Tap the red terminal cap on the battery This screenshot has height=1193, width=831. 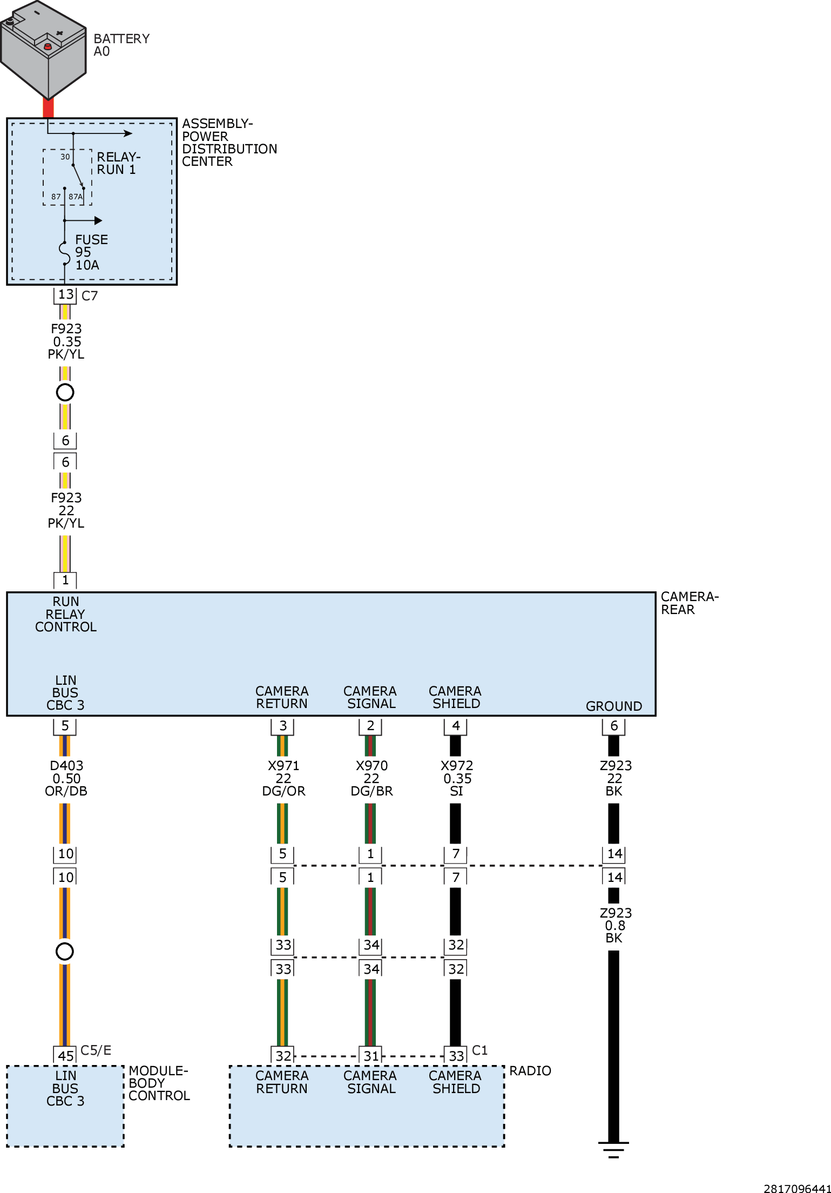pyautogui.click(x=48, y=46)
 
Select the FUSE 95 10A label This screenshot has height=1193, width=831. pyautogui.click(x=91, y=252)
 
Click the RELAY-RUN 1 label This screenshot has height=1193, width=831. pyautogui.click(x=118, y=163)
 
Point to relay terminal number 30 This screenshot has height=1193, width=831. pyautogui.click(x=65, y=157)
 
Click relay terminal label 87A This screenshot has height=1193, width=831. pyautogui.click(x=76, y=197)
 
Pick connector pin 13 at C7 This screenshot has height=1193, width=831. pyautogui.click(x=65, y=295)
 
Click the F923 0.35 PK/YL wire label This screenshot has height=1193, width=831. pyautogui.click(x=66, y=341)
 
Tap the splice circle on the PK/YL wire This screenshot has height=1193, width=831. pyautogui.click(x=65, y=392)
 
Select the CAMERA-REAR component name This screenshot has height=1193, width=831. pyautogui.click(x=690, y=603)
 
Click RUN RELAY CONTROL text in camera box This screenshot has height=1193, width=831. pyautogui.click(x=65, y=614)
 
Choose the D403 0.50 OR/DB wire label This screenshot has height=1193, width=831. pyautogui.click(x=66, y=778)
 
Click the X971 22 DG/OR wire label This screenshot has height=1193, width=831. pyautogui.click(x=283, y=778)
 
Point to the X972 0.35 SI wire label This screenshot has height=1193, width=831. pyautogui.click(x=456, y=778)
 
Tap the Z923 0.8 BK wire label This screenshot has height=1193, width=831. pyautogui.click(x=615, y=925)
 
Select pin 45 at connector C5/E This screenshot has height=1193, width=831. pyautogui.click(x=65, y=1055)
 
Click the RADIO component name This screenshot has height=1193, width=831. pyautogui.click(x=530, y=1070)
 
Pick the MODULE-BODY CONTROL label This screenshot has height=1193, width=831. pyautogui.click(x=159, y=1083)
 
